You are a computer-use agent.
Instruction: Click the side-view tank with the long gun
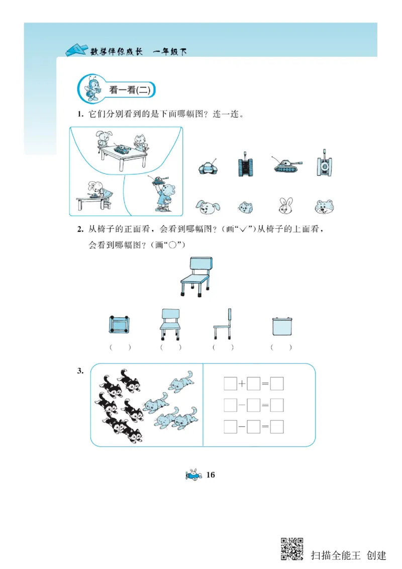click(x=287, y=165)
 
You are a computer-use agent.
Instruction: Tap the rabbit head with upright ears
click(x=286, y=205)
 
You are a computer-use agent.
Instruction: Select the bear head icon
click(x=325, y=206)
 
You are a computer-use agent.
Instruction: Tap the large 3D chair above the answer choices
click(x=196, y=275)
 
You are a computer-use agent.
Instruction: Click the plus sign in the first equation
click(x=242, y=385)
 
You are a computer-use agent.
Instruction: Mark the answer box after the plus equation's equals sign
click(x=277, y=385)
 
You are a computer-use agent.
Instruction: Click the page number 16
click(x=210, y=475)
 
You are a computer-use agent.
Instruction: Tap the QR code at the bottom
click(x=292, y=549)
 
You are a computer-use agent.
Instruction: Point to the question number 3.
click(x=80, y=371)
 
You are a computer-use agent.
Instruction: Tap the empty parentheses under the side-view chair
click(x=223, y=347)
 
